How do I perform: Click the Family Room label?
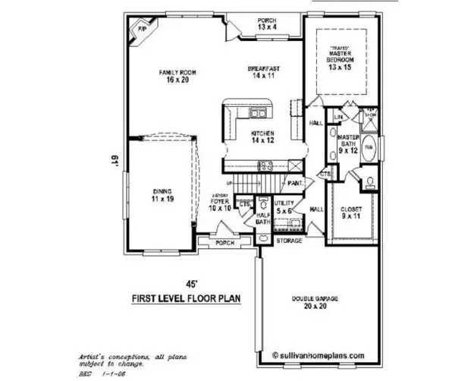pyautogui.click(x=177, y=76)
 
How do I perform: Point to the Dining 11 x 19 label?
pyautogui.click(x=162, y=195)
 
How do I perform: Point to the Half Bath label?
pyautogui.click(x=263, y=218)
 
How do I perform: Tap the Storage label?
pyautogui.click(x=289, y=241)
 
